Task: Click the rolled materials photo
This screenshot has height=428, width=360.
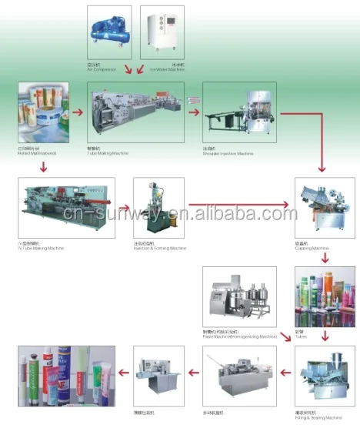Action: click(x=40, y=113)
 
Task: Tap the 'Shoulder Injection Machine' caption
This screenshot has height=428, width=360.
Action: click(x=228, y=154)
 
